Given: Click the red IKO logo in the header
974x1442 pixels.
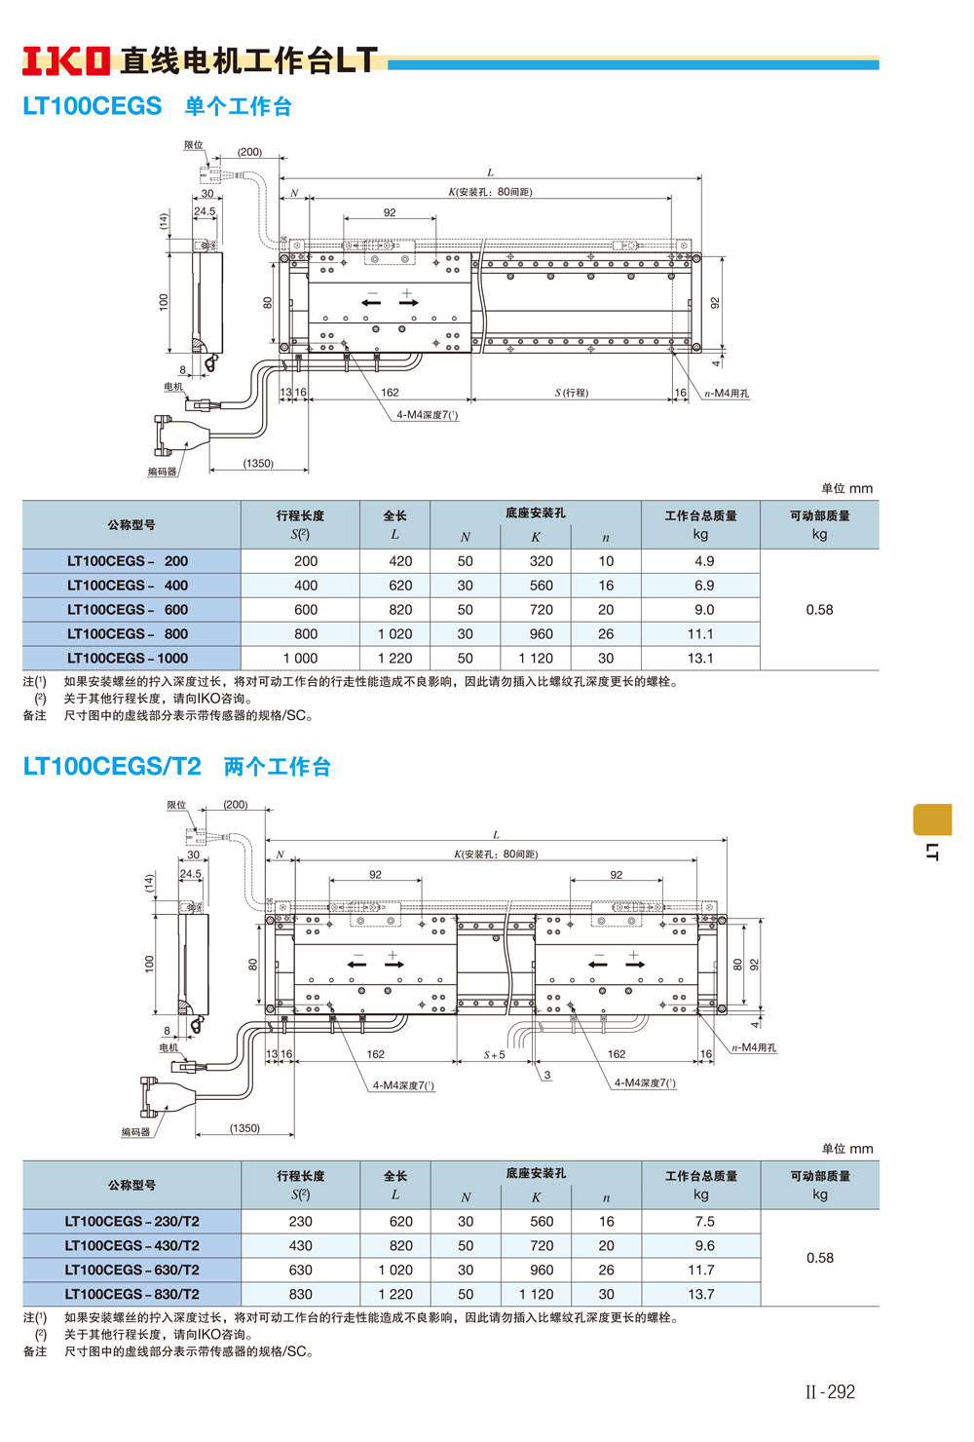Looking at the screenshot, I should click(65, 60).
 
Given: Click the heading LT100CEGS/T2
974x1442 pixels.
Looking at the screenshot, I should click(111, 767).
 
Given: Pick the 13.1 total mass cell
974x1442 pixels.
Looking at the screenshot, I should click(700, 659).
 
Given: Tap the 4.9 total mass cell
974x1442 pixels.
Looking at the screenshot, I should click(704, 561).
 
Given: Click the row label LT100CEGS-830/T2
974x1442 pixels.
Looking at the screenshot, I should click(131, 1295).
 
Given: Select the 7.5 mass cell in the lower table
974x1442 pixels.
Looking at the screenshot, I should click(704, 1222).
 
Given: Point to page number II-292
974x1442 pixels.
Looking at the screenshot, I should click(830, 1392).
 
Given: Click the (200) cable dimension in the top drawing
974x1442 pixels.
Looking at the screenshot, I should click(249, 152).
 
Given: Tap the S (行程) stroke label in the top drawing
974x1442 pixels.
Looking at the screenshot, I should click(572, 393).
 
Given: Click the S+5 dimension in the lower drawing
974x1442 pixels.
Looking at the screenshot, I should click(495, 1055).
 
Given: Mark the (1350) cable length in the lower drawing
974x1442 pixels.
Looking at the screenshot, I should click(244, 1128).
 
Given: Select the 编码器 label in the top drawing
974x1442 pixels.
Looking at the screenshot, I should click(163, 472).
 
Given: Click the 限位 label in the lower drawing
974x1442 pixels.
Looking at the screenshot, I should click(176, 805).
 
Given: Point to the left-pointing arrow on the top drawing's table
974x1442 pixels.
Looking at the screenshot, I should click(371, 303).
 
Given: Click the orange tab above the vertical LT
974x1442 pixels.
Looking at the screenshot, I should click(931, 819).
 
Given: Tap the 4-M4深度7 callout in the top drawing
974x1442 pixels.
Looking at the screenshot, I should click(427, 415).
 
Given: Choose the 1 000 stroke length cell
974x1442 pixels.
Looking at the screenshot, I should click(300, 659).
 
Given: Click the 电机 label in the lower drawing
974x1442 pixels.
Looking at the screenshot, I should click(169, 1047).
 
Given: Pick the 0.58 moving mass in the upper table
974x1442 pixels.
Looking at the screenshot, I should click(819, 610).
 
